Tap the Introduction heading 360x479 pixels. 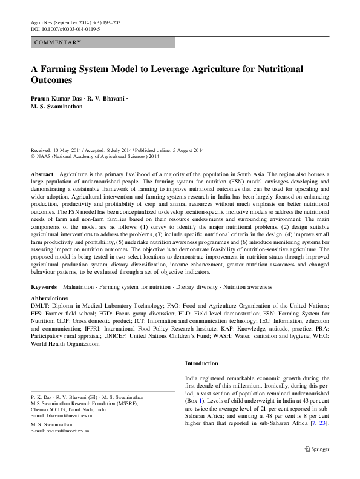coord(201,363)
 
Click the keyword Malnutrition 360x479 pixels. coord(80,286)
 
